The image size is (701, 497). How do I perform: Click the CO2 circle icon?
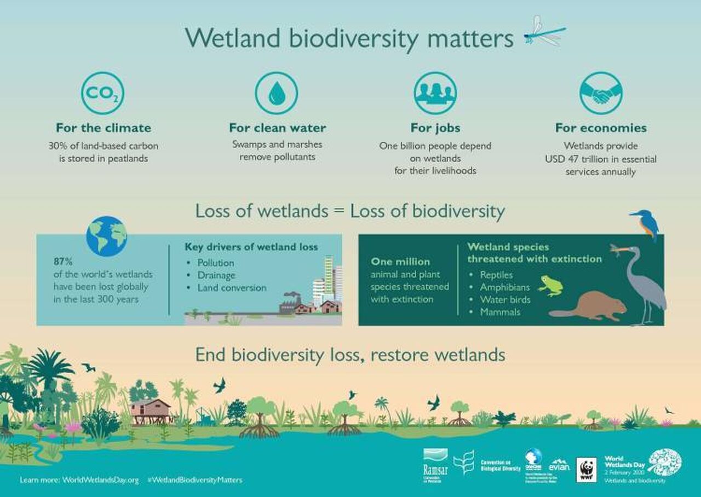(x=102, y=93)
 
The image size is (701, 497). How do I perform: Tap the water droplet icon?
(x=277, y=93)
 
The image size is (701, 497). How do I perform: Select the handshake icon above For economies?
(x=601, y=93)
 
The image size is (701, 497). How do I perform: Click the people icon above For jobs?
(x=435, y=93)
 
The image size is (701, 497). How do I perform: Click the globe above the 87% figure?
(x=106, y=236)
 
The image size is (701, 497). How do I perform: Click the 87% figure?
(x=63, y=261)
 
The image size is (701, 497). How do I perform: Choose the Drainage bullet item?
(x=216, y=275)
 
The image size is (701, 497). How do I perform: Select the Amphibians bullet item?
(x=505, y=287)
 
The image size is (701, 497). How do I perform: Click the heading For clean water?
(x=277, y=128)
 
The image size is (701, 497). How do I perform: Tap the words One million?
(x=400, y=262)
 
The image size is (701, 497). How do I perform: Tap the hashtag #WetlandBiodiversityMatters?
(x=195, y=480)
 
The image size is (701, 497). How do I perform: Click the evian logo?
(x=559, y=466)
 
